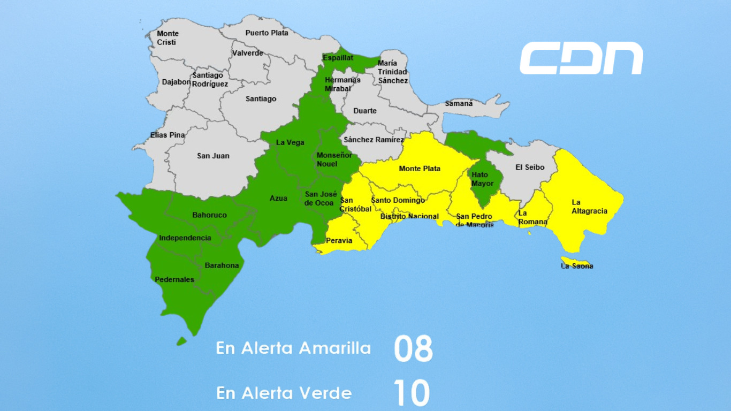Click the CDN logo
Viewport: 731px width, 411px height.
coord(581,58)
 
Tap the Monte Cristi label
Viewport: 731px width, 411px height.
coord(167,37)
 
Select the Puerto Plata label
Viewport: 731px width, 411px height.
coord(266,33)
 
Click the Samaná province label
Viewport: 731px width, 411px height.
coord(459,103)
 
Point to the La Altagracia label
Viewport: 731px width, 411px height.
coord(589,207)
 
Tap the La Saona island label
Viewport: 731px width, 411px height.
coord(577,266)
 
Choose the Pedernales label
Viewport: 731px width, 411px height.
coord(174,279)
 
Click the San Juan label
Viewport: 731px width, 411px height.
coord(213,156)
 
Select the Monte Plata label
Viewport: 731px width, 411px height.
coord(420,169)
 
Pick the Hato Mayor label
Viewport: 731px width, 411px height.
coord(482,179)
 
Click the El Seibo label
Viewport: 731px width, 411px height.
coord(530,167)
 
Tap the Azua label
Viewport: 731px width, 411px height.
coord(278,198)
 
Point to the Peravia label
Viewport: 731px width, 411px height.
coord(339,240)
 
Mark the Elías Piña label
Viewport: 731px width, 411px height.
coord(167,135)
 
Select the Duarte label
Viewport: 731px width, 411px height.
coord(365,111)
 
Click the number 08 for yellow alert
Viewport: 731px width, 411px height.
coord(413,349)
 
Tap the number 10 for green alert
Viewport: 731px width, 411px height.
coord(412,393)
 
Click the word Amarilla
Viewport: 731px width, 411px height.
coord(334,348)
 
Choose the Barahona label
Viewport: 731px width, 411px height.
coord(222,265)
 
